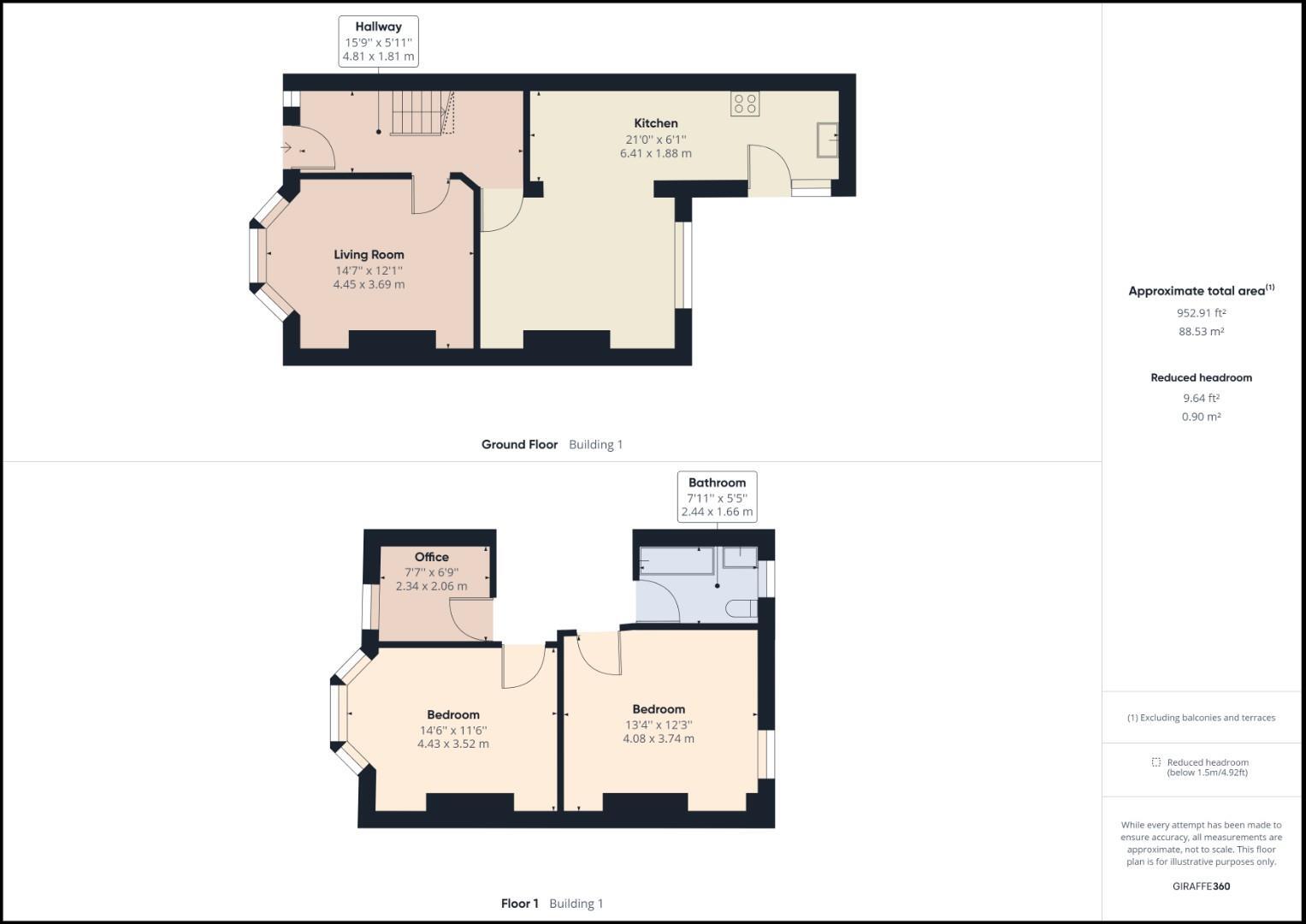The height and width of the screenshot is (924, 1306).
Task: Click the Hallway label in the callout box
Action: pos(378,27)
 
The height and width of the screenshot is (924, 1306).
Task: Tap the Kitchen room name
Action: pos(655,123)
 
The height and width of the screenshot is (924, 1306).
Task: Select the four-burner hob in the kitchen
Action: pos(745,104)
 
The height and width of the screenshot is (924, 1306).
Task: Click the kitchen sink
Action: pos(826,140)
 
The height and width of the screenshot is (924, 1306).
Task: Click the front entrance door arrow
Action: pos(287,148)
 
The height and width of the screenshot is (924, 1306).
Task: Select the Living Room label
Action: pos(369,254)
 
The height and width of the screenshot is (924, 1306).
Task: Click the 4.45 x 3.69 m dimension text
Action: pos(369,284)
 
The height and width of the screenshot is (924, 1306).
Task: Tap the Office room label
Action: pos(431,557)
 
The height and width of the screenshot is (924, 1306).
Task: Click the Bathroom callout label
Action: pos(717,483)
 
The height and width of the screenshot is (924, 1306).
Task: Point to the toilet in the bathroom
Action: pos(741,609)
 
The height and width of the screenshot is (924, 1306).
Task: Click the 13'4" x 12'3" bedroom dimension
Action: pos(659,725)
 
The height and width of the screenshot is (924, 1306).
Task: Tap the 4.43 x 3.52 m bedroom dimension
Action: pos(453,744)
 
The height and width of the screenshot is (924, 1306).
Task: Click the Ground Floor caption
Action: pos(519,445)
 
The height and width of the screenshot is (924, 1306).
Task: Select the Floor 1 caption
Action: pos(520,903)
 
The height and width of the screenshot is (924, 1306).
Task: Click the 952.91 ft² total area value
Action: pos(1201,313)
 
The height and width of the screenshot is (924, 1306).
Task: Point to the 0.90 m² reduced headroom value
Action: pos(1201,418)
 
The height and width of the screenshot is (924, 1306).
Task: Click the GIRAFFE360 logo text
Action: pos(1201,886)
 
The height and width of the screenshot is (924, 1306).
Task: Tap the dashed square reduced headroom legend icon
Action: pos(1155,762)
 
